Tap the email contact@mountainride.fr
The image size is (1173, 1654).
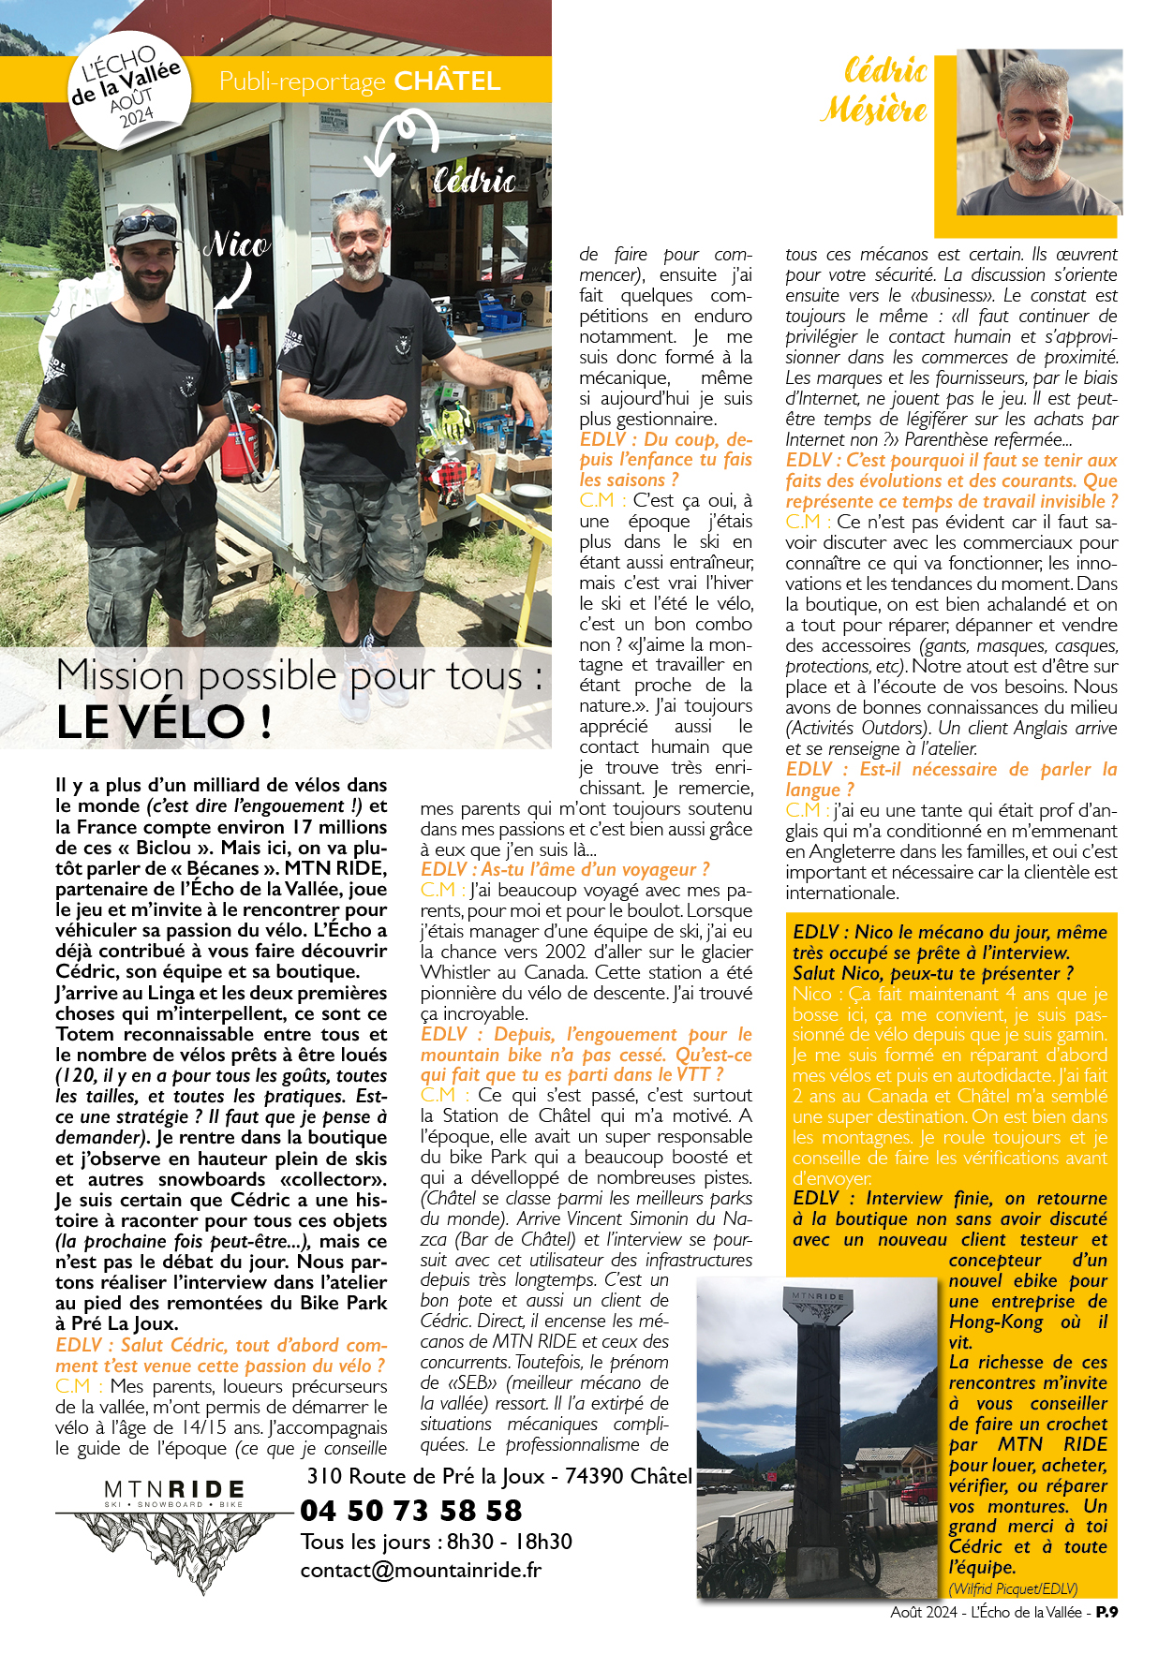tap(421, 1571)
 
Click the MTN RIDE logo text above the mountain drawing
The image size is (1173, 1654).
tap(174, 1490)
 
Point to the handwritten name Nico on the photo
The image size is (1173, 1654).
tap(237, 245)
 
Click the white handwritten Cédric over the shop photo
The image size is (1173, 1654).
tap(474, 180)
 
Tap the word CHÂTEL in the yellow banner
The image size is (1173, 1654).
tap(447, 81)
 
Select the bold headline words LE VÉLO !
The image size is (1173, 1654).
tap(164, 721)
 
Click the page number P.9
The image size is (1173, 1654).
tap(1106, 1612)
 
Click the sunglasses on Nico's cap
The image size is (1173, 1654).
tap(146, 226)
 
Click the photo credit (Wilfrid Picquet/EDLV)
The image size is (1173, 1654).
tap(1013, 1588)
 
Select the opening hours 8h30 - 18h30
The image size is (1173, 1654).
tap(509, 1542)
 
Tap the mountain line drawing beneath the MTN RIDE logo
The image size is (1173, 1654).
tap(176, 1545)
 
